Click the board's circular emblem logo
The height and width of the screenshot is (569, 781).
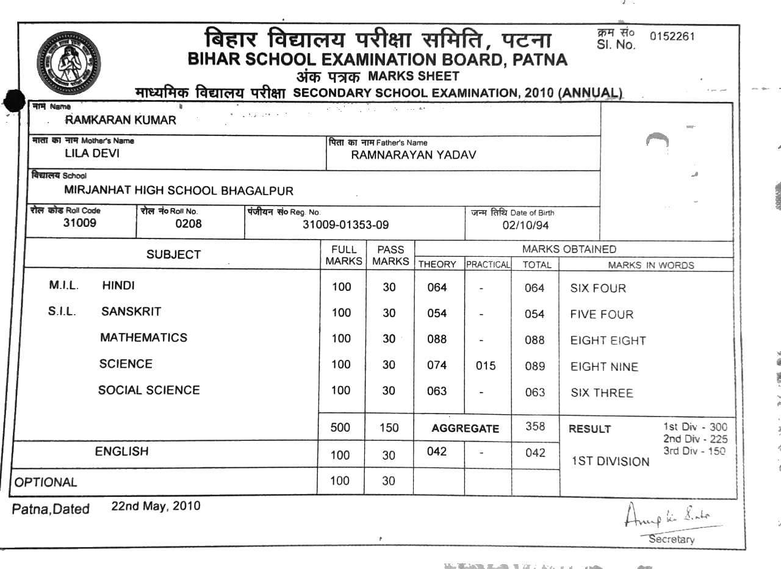(68, 60)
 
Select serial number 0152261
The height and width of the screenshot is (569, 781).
(672, 36)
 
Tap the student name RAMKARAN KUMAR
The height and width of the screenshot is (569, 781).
(120, 120)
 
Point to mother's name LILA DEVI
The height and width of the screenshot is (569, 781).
(92, 154)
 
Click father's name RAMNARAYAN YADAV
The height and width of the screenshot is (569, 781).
(413, 155)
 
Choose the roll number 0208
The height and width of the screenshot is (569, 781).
(188, 224)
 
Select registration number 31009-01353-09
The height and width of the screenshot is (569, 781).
(345, 224)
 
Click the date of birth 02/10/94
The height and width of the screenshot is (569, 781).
(525, 225)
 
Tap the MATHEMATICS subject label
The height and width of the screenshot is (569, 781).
(143, 338)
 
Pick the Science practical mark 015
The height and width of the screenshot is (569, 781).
(485, 366)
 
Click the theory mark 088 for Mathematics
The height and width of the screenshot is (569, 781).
(437, 339)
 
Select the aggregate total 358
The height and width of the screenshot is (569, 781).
(535, 426)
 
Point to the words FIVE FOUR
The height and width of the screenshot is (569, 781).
(602, 315)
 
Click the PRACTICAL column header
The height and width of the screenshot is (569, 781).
(488, 265)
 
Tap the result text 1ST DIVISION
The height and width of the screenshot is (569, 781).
(610, 462)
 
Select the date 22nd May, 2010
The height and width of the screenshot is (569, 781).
(156, 506)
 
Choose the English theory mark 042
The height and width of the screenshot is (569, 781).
(437, 452)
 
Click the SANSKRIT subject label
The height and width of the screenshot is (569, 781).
(131, 312)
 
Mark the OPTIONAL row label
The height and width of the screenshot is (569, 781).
(46, 482)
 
